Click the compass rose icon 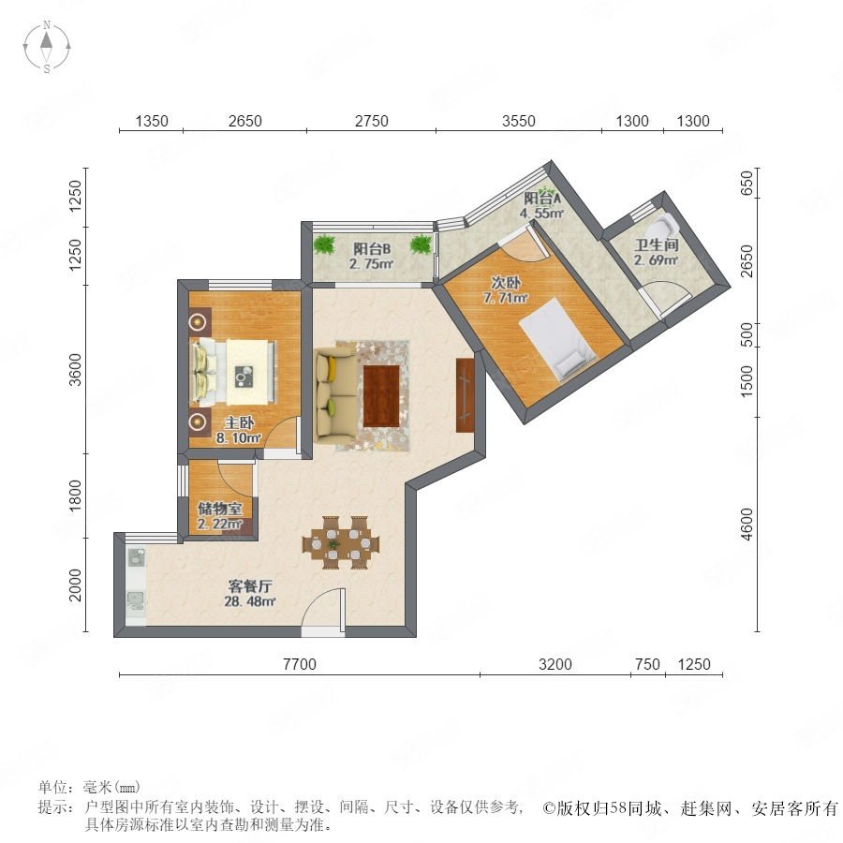[x=47, y=47]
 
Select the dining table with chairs [x=341, y=542]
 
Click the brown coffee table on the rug [x=380, y=396]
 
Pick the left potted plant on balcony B [x=324, y=244]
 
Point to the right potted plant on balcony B [x=421, y=244]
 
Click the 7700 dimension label [x=300, y=664]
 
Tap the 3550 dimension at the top [x=519, y=121]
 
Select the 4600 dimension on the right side [x=747, y=525]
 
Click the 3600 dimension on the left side [x=76, y=369]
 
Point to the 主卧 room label [x=239, y=423]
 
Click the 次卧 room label [x=506, y=283]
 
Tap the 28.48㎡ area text [x=250, y=601]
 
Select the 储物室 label [x=220, y=508]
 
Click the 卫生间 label [x=657, y=245]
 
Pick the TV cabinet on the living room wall [x=465, y=395]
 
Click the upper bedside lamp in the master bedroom [x=199, y=322]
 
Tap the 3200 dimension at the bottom [x=555, y=664]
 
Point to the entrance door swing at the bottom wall [x=322, y=608]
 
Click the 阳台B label [x=372, y=249]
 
